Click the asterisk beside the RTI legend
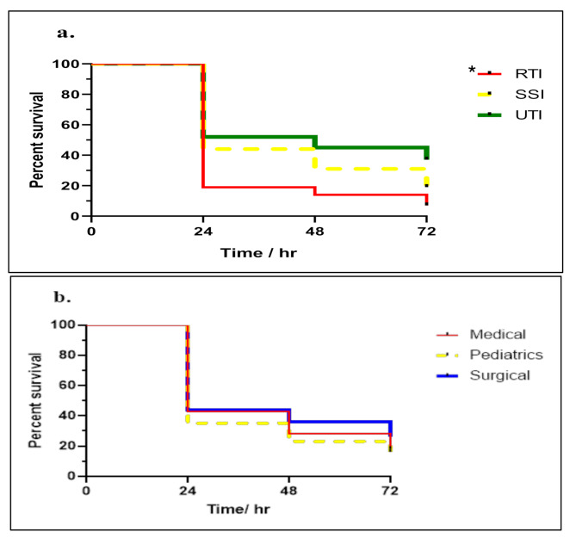click(x=471, y=71)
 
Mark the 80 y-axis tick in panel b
click(x=69, y=355)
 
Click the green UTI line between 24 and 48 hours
click(x=258, y=137)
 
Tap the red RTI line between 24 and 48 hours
click(x=258, y=187)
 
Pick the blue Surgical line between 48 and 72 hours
click(x=340, y=422)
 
